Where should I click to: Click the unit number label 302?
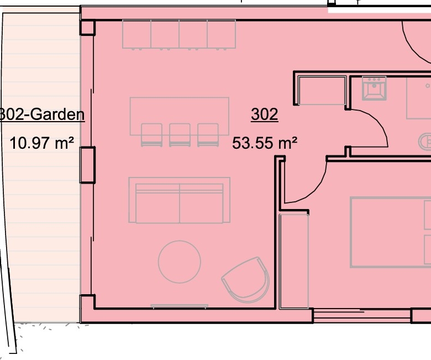(265, 114)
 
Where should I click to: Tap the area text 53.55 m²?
(265, 143)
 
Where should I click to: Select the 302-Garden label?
(41, 114)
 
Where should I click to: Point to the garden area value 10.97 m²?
(42, 143)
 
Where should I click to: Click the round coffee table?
(180, 262)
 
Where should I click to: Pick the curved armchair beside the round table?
(246, 279)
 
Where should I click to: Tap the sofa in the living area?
(179, 200)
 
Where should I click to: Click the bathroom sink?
(374, 88)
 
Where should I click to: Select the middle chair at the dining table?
(180, 135)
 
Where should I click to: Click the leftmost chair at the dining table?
(151, 135)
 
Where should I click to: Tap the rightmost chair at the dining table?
(208, 135)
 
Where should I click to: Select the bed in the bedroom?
(390, 232)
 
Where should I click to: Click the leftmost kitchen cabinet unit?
(136, 34)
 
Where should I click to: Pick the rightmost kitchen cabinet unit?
(222, 34)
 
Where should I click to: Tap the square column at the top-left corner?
(87, 28)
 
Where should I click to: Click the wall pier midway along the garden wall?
(87, 165)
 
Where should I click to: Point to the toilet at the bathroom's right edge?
(425, 142)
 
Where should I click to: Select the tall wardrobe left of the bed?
(294, 261)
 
